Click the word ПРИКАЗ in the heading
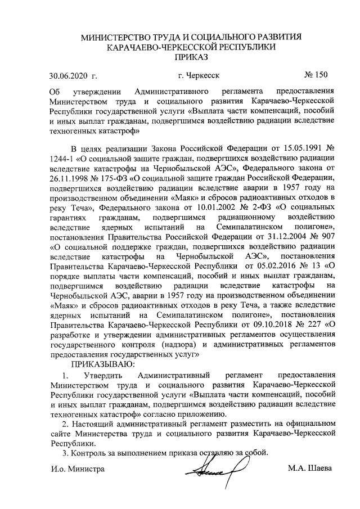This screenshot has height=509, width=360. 191,57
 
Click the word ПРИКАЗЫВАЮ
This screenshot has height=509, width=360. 98,364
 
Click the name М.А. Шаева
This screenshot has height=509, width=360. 310,469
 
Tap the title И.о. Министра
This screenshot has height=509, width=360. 77,469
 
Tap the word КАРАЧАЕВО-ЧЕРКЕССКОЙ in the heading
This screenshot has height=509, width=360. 160,47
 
